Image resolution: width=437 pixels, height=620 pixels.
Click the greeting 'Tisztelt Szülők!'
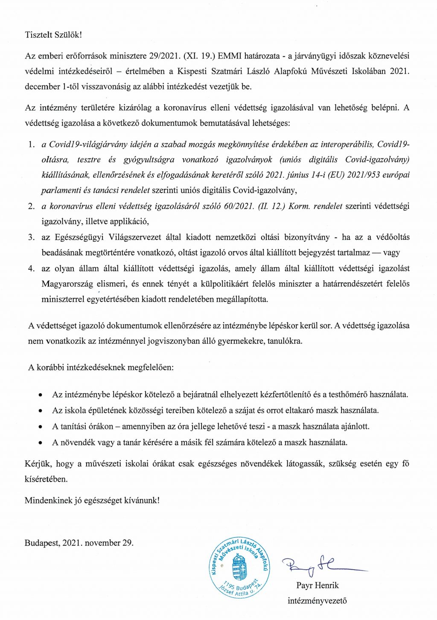[x=53, y=35]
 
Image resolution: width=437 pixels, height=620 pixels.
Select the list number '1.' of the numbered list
[x=31, y=144]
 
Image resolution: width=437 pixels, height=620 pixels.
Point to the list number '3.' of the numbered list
[x=31, y=237]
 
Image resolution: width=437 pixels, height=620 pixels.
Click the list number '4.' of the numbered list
[x=31, y=269]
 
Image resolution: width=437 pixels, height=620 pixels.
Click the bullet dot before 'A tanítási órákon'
[x=41, y=427]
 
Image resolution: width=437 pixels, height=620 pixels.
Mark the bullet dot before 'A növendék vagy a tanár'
[x=41, y=442]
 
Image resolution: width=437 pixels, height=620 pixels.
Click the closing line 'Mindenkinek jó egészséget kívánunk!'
[x=92, y=500]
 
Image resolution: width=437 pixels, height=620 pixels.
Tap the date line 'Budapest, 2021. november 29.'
[x=79, y=543]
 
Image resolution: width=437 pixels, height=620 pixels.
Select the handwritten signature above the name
[x=316, y=566]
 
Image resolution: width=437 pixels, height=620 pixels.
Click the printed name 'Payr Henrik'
[x=318, y=585]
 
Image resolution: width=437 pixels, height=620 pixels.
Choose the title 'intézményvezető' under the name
[x=317, y=601]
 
